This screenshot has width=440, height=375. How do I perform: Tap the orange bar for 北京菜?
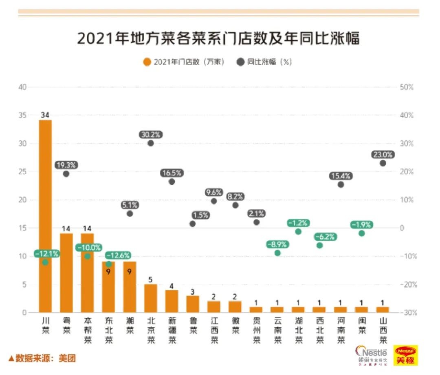point(151,298)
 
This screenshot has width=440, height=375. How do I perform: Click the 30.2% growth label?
point(151,134)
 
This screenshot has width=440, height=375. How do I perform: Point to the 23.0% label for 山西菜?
point(383,155)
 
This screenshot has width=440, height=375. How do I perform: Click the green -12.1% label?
point(46,254)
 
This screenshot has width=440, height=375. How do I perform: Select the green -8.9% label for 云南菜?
point(277,244)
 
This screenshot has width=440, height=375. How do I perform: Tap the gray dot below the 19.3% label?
point(66,174)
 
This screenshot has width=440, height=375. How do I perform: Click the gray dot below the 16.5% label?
point(172,182)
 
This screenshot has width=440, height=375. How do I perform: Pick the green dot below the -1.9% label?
point(361,233)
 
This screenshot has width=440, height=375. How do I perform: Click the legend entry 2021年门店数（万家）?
point(183,62)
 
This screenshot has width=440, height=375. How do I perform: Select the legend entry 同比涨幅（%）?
point(265,62)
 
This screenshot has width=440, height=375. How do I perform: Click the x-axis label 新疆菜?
point(172,329)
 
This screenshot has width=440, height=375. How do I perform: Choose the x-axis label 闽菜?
point(361,325)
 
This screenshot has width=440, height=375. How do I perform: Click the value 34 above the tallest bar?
point(45,115)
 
